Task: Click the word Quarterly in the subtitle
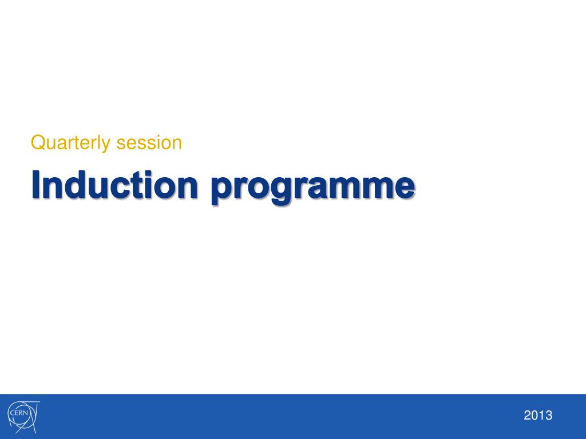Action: click(x=71, y=142)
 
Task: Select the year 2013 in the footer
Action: click(x=538, y=416)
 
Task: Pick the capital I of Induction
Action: click(x=37, y=185)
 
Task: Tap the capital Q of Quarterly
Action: click(x=38, y=142)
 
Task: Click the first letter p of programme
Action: click(x=221, y=190)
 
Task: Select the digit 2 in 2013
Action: click(x=527, y=416)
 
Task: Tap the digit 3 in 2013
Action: click(x=549, y=416)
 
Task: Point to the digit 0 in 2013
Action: click(x=534, y=416)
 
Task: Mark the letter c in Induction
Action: click(x=122, y=187)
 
